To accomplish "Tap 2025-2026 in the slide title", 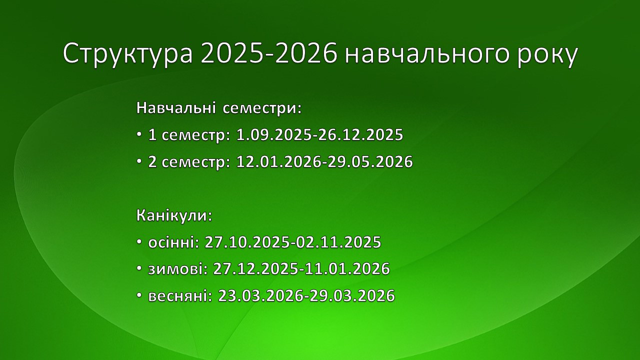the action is [269, 53].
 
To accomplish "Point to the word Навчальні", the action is [175, 108].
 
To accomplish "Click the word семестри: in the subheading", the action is [261, 109].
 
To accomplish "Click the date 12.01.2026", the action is [279, 161].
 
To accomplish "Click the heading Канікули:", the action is [174, 215].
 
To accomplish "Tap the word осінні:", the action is [173, 242].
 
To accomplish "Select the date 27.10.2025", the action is [247, 242].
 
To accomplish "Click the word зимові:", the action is [177, 269].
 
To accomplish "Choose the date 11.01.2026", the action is [347, 269].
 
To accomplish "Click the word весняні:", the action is [180, 295].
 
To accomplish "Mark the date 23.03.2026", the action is [260, 295].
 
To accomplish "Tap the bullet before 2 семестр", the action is [139, 161].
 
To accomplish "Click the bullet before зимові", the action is [139, 268].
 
